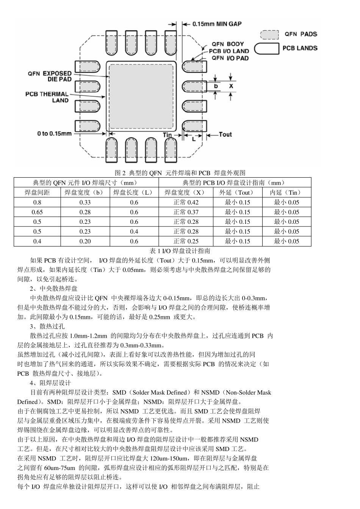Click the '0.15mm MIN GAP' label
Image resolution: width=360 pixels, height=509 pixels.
[x=217, y=24]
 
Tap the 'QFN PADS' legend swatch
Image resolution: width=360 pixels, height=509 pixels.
[x=269, y=34]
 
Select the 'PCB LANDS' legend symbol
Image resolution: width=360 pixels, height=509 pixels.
[x=266, y=49]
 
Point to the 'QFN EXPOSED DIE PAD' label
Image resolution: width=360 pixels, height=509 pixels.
[x=50, y=76]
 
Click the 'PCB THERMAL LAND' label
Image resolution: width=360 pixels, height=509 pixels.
[x=47, y=97]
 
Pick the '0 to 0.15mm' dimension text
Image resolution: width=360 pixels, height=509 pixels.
[x=55, y=133]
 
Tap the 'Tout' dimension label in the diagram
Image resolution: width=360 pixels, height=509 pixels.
[x=225, y=134]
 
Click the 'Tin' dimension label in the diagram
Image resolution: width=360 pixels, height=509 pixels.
[x=167, y=135]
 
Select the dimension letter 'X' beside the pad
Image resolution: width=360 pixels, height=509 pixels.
[x=231, y=86]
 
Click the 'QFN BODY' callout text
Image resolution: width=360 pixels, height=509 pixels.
[x=228, y=44]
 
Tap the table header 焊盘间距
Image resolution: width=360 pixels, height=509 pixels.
[x=37, y=192]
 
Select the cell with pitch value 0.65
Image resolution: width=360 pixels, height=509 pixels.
[x=37, y=212]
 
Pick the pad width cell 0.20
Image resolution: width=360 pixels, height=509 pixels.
[x=85, y=241]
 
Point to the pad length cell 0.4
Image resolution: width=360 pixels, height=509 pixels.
[x=134, y=231]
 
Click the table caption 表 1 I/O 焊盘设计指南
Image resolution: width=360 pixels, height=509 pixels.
[x=180, y=251]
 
